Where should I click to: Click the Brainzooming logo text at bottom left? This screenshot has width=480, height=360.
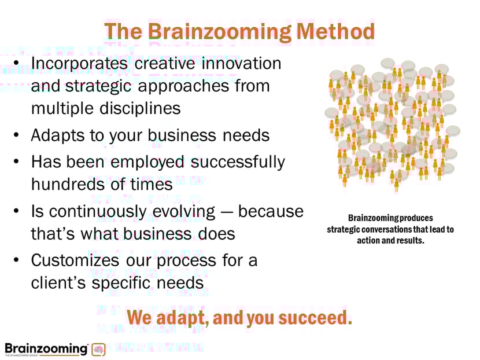(x=46, y=348)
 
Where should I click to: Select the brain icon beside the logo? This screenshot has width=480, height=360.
(x=98, y=350)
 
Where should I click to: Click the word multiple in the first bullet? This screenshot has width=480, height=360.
(x=61, y=108)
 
